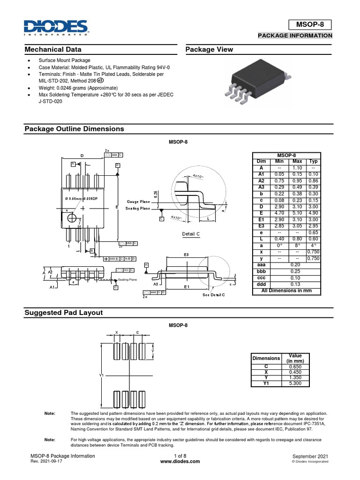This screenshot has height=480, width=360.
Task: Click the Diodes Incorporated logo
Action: pyautogui.click(x=56, y=28)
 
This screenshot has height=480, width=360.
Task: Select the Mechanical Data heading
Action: pyautogui.click(x=53, y=50)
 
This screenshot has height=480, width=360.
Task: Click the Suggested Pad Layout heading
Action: pyautogui.click(x=63, y=313)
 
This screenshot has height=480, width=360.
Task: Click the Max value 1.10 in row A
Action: pyautogui.click(x=297, y=167)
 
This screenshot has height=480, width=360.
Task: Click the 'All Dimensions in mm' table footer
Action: pyautogui.click(x=286, y=290)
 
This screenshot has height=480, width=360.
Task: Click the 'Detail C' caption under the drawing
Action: pyautogui.click(x=191, y=233)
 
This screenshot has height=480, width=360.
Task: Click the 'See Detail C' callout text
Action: pyautogui.click(x=214, y=294)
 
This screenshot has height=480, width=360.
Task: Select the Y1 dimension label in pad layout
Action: pyautogui.click(x=101, y=375)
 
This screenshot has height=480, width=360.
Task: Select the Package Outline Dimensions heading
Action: pyautogui.click(x=74, y=129)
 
